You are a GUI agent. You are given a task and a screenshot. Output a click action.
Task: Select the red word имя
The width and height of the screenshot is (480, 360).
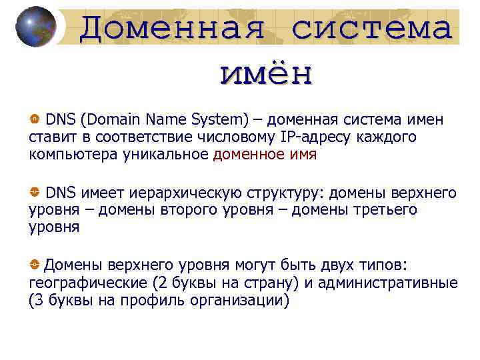(x=302, y=155)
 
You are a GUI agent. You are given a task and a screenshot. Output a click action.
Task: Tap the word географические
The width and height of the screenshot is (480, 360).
(x=86, y=283)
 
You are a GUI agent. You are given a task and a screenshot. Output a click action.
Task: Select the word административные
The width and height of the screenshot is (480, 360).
(x=388, y=283)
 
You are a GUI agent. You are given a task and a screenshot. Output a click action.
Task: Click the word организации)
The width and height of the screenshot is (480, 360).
(x=241, y=301)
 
